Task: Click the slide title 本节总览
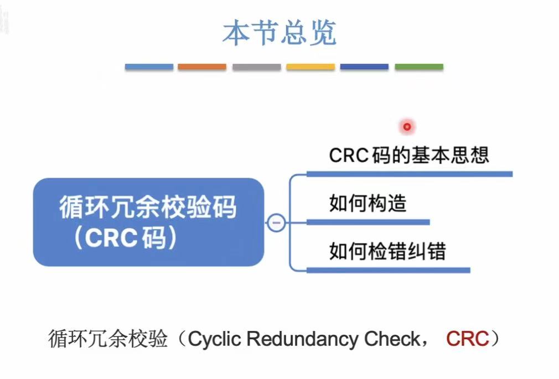[279, 33]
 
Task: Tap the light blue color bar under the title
[149, 67]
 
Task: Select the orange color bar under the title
[202, 67]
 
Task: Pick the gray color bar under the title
[256, 67]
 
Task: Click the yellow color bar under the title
[310, 67]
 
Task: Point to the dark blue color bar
[364, 67]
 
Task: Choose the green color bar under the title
[418, 67]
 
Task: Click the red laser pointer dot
[407, 127]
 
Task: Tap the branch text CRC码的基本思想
[409, 155]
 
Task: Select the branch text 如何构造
[368, 204]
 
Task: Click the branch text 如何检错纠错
[387, 252]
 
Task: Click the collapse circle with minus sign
[276, 223]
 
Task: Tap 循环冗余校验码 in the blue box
[148, 208]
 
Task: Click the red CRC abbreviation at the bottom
[467, 339]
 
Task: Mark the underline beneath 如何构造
[368, 222]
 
